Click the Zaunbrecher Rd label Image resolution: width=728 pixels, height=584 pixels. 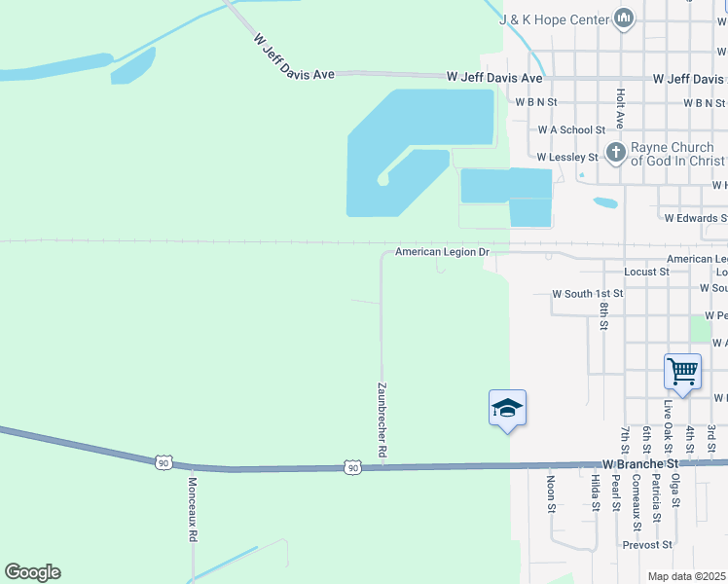[382, 420]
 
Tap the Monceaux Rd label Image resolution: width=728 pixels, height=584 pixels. [193, 509]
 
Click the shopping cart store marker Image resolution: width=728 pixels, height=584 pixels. [682, 371]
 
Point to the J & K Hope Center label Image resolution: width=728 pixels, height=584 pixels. [554, 18]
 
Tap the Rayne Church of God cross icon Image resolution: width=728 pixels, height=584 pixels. [615, 152]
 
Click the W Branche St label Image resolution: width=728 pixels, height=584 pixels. [639, 464]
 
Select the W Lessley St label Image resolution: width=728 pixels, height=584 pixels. [567, 157]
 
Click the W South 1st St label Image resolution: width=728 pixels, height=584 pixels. [587, 293]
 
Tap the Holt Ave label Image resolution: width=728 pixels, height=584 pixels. [620, 108]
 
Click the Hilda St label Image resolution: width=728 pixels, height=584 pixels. [594, 493]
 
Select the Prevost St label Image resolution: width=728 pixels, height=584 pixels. [647, 545]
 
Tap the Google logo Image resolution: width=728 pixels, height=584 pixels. [32, 572]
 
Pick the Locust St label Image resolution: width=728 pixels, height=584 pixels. [646, 272]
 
